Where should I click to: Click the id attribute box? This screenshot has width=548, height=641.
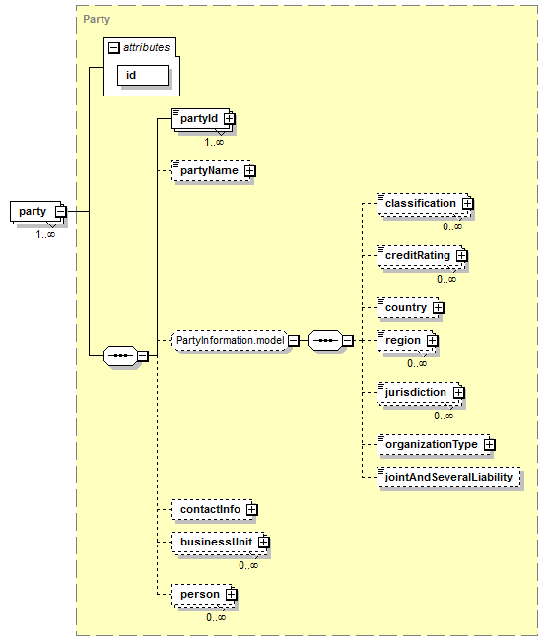143,75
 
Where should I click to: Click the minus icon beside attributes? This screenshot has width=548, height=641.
113,48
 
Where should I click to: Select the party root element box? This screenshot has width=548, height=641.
37,212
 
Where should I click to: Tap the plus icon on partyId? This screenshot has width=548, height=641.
230,118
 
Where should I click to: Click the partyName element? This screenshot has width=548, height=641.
211,171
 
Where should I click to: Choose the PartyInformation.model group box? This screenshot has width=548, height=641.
231,340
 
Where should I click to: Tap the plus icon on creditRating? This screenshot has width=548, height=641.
461,255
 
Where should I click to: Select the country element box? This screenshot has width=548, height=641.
408,308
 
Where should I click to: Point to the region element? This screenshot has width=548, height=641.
405,341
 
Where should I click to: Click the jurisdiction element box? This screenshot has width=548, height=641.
419,393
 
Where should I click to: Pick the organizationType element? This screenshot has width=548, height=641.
434,445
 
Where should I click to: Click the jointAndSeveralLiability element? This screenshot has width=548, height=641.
448,478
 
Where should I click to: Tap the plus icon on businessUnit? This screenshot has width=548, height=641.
264,543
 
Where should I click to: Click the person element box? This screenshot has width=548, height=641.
203,595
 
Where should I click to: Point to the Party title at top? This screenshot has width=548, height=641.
97,20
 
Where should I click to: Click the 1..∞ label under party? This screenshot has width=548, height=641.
45,234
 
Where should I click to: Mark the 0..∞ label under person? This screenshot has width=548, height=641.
216,617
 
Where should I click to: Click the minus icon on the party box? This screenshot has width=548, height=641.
60,212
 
